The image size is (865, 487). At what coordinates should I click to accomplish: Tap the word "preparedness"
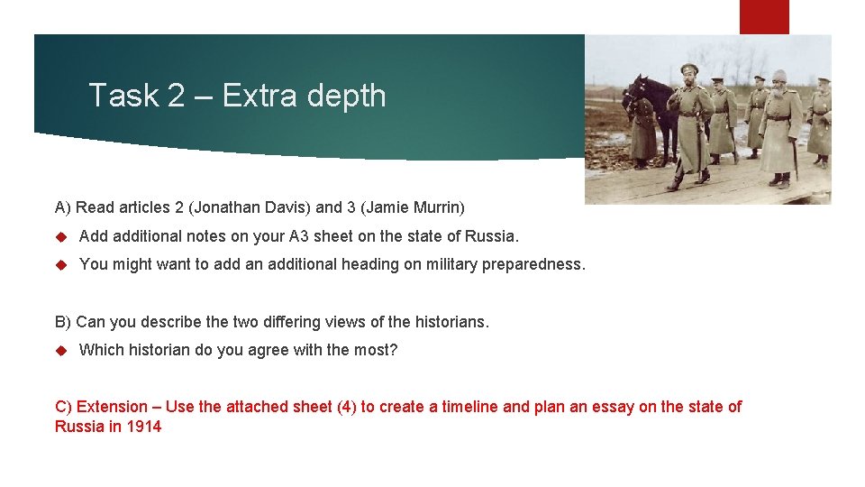coord(535,264)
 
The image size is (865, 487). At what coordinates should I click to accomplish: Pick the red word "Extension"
coord(114,407)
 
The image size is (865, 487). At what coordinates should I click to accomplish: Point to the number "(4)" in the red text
coord(347,407)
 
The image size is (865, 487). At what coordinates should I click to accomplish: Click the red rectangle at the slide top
coord(764,16)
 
